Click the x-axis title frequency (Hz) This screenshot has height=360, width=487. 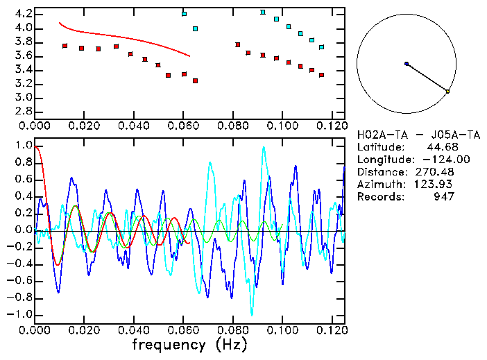[189, 345]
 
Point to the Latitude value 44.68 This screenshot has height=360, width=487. [438, 147]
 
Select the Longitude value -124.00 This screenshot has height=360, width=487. [433, 160]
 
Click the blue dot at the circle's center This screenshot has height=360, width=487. [407, 64]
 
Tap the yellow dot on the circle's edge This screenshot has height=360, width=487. [448, 92]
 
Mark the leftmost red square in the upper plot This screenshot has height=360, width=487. [65, 46]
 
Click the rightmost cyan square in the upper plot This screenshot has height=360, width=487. [322, 47]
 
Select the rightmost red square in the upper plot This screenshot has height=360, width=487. [322, 75]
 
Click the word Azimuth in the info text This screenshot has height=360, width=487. [379, 185]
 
